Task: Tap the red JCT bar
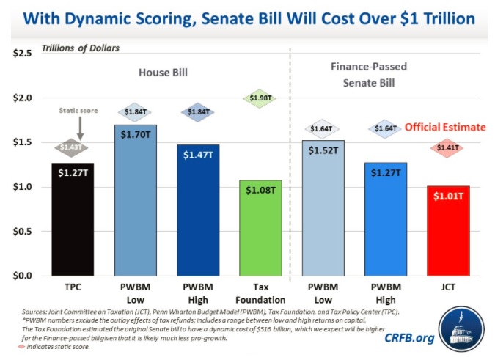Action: [x=449, y=230]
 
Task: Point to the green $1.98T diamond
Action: [x=260, y=99]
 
